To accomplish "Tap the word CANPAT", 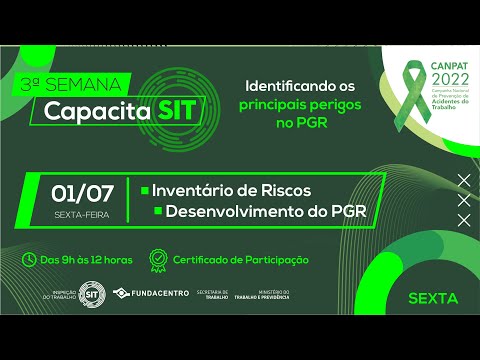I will tap(446, 69).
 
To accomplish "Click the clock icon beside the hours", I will tap(30, 259).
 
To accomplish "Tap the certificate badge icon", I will tap(157, 259).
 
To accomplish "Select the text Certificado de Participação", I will tap(240, 260).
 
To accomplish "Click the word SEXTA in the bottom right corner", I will tap(433, 298).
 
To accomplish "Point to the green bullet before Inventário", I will tap(145, 190).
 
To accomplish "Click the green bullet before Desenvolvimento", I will tap(157, 212).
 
